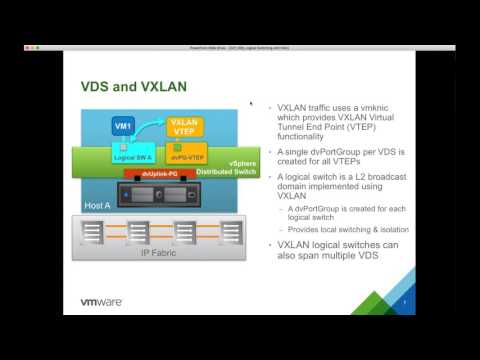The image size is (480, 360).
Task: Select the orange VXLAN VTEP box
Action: tap(185, 127)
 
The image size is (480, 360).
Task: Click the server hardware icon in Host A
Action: tap(161, 193)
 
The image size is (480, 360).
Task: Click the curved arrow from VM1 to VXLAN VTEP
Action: tap(152, 116)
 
